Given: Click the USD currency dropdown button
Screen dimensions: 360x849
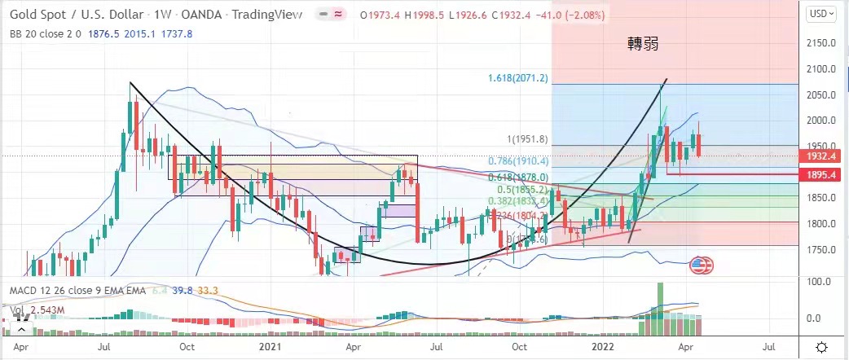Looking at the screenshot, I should point(820,13).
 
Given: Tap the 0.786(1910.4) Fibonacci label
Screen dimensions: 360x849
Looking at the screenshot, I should point(518,161).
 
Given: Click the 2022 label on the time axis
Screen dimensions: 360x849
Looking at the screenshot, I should point(604,346).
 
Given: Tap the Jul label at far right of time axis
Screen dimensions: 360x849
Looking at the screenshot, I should point(768,346).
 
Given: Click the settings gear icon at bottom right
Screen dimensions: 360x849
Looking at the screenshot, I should point(822,347).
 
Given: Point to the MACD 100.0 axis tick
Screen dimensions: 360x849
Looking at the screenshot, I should point(816,281).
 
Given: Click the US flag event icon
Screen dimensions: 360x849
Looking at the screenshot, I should point(699,264).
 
